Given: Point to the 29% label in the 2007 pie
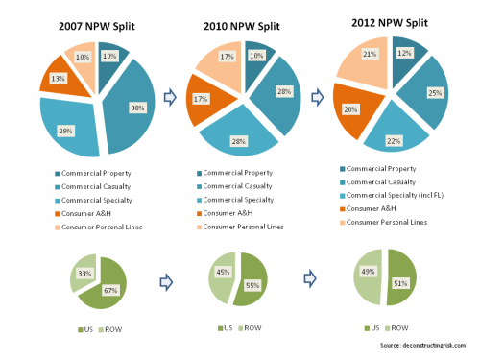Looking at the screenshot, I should coord(64,129).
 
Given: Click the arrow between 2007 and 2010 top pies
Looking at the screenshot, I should coord(169,97).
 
